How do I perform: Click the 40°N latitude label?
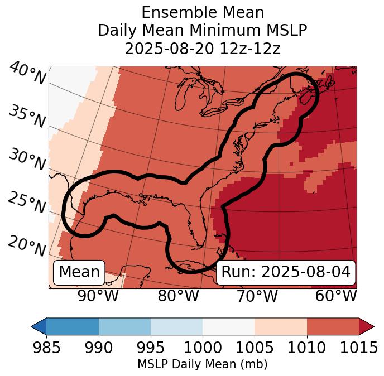27,74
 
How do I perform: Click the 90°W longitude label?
98,296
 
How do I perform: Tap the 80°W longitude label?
178,296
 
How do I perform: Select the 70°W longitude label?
257,296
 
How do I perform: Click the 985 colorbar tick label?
46,348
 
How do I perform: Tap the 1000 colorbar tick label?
203,348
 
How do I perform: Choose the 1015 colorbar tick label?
359,348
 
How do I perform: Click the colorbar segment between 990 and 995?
124,326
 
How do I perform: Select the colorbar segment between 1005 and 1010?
281,326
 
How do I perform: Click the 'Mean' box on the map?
79,272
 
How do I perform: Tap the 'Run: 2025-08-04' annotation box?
286,272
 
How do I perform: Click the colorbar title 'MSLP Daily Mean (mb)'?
202,365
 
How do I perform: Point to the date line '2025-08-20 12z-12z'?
202,49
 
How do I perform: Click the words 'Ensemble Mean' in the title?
202,12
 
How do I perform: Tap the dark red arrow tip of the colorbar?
368,326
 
